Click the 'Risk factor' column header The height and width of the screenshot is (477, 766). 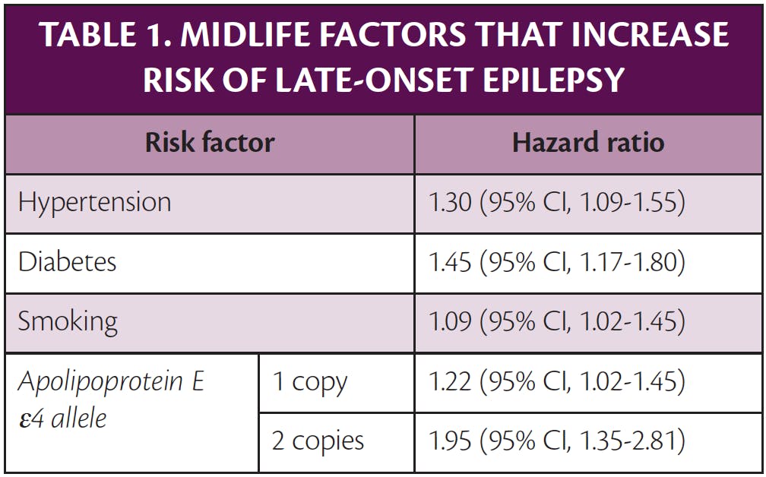click(210, 143)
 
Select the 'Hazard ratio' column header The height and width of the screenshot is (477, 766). click(588, 143)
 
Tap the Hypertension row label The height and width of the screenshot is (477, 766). click(95, 203)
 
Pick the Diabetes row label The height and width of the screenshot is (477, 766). click(68, 262)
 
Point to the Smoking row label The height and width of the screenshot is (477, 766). click(68, 321)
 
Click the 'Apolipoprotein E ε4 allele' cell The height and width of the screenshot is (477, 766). click(111, 399)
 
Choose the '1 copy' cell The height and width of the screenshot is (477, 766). click(310, 382)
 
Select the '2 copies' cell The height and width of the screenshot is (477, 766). click(318, 441)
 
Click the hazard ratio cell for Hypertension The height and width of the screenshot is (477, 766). click(557, 203)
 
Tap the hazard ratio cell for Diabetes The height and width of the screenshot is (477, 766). click(557, 262)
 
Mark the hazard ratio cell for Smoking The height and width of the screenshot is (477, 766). click(557, 321)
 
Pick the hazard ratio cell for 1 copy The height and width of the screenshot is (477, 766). click(557, 382)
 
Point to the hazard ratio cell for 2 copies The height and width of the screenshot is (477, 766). click(557, 441)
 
